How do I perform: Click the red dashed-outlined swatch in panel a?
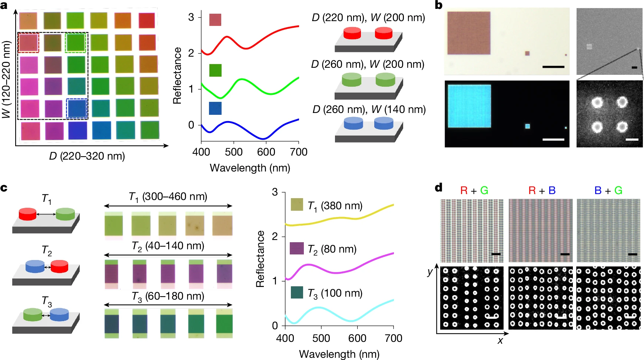(x=28, y=43)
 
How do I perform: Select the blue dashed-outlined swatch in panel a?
(x=77, y=109)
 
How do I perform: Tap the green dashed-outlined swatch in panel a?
(x=76, y=43)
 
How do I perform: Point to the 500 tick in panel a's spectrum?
(x=233, y=152)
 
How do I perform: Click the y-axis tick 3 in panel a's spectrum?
(x=191, y=17)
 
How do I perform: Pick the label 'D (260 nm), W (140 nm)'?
(x=369, y=110)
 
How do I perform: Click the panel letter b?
(x=439, y=6)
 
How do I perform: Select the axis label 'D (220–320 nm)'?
(x=87, y=156)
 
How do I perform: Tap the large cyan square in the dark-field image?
(x=469, y=106)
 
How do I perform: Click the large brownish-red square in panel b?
(x=469, y=33)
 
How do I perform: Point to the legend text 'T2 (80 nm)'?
(x=332, y=249)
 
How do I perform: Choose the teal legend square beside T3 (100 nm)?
(x=297, y=293)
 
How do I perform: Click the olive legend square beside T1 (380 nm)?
(x=297, y=205)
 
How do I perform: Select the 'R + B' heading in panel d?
(x=542, y=191)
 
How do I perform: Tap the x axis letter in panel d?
(x=500, y=341)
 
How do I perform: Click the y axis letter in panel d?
(x=430, y=272)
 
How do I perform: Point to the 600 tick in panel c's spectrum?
(x=357, y=338)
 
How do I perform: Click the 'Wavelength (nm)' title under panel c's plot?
(x=339, y=354)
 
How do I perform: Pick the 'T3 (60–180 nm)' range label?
(x=168, y=296)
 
